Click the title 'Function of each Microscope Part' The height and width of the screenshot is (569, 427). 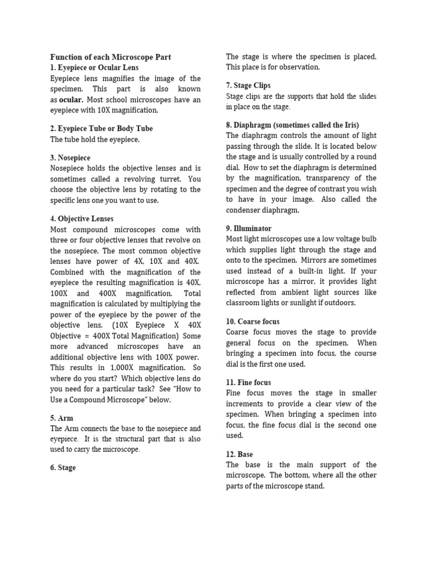click(111, 57)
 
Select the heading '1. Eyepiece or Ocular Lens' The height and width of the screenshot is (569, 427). click(95, 68)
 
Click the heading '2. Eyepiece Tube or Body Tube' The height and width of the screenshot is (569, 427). click(101, 128)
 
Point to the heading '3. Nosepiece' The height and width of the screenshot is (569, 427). click(70, 158)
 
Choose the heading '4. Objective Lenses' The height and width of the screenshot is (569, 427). click(82, 219)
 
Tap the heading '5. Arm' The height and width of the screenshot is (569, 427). click(62, 418)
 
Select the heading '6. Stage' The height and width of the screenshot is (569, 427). click(63, 468)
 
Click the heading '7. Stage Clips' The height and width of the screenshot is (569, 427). click(249, 86)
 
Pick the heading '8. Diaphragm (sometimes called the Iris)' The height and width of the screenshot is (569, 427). click(292, 125)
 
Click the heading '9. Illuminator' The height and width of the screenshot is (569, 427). click(249, 228)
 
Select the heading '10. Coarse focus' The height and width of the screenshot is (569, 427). click(252, 322)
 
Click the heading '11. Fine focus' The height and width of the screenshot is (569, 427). click(249, 382)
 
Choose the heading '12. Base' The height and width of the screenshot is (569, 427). click(240, 454)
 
